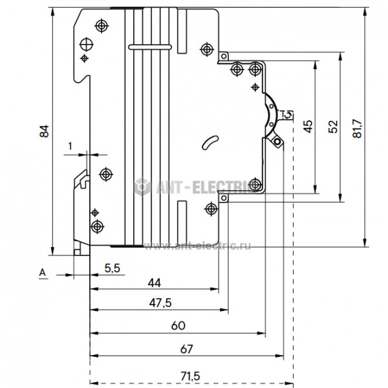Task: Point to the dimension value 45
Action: pyautogui.click(x=308, y=127)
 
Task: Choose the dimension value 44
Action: pyautogui.click(x=154, y=283)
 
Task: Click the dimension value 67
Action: pyautogui.click(x=186, y=349)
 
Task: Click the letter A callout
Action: pyautogui.click(x=43, y=274)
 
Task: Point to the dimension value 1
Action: pyautogui.click(x=70, y=146)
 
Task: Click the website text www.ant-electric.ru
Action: pyautogui.click(x=197, y=245)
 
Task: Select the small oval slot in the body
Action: pyautogui.click(x=210, y=142)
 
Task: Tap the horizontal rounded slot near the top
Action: pyautogui.click(x=150, y=47)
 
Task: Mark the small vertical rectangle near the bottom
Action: pyautogui.click(x=182, y=210)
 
